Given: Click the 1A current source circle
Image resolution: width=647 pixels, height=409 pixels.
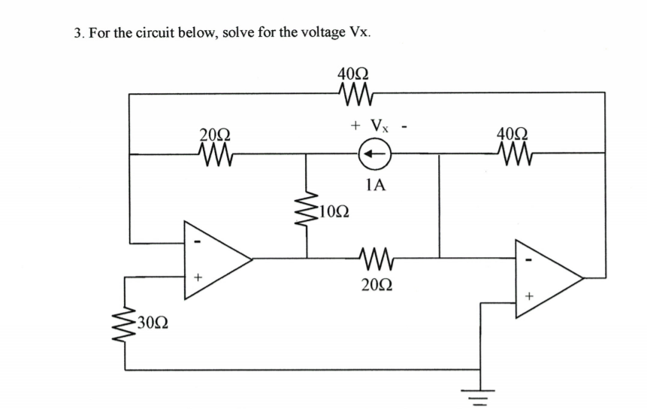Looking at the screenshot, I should [373, 156].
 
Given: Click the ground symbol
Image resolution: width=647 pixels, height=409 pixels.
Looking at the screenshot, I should [482, 392].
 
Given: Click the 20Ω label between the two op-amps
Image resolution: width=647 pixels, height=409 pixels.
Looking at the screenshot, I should [373, 286].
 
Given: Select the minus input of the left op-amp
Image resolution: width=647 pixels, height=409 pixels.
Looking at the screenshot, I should [198, 242].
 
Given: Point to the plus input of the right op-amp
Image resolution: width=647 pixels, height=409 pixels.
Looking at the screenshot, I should [528, 297].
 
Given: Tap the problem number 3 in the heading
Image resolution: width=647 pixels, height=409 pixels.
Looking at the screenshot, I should [78, 33].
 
